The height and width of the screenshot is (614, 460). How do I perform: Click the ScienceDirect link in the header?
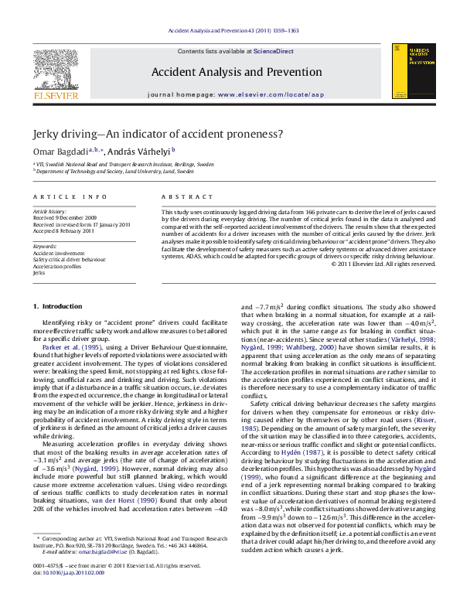274,50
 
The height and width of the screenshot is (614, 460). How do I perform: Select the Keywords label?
45,246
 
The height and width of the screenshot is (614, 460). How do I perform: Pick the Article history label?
50,211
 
